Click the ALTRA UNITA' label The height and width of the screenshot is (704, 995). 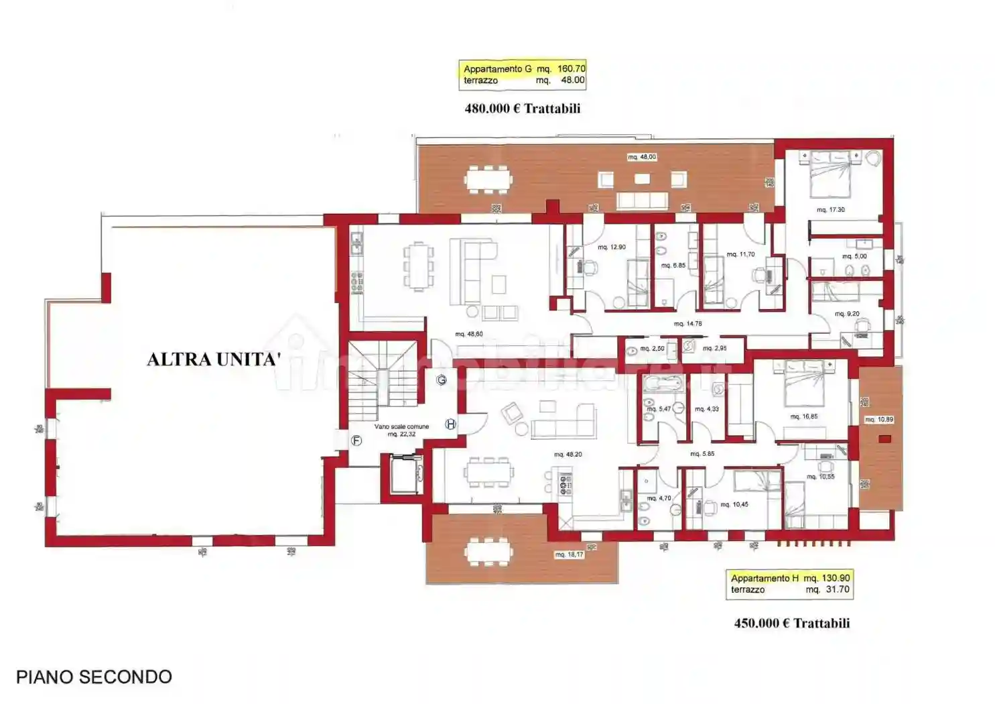pos(213,359)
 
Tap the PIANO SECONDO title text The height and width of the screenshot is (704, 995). pos(94,677)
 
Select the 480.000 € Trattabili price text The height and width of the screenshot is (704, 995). pos(522,109)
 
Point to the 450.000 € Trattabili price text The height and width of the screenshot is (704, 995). pos(791,623)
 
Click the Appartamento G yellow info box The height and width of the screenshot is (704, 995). pos(523,74)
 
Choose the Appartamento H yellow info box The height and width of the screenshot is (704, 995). pos(789,584)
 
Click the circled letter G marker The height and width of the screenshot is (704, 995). pos(442,380)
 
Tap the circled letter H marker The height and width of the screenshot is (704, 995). pos(451,424)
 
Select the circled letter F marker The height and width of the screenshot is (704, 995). pos(356,441)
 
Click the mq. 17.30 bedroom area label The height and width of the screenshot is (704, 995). pos(830,210)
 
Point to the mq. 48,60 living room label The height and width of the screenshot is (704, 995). pos(468,334)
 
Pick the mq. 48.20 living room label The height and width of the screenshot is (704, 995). pos(568,455)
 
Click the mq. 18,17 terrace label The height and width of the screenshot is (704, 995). pos(569,554)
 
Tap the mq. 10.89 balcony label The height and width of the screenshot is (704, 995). pos(878,420)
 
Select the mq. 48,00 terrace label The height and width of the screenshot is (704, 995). pos(642,157)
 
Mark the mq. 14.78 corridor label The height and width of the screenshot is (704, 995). pos(687,324)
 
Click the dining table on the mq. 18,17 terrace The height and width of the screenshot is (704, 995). pos(488,551)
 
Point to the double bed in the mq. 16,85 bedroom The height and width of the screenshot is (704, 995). pos(804,384)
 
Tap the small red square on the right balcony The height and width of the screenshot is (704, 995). pos(884,439)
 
